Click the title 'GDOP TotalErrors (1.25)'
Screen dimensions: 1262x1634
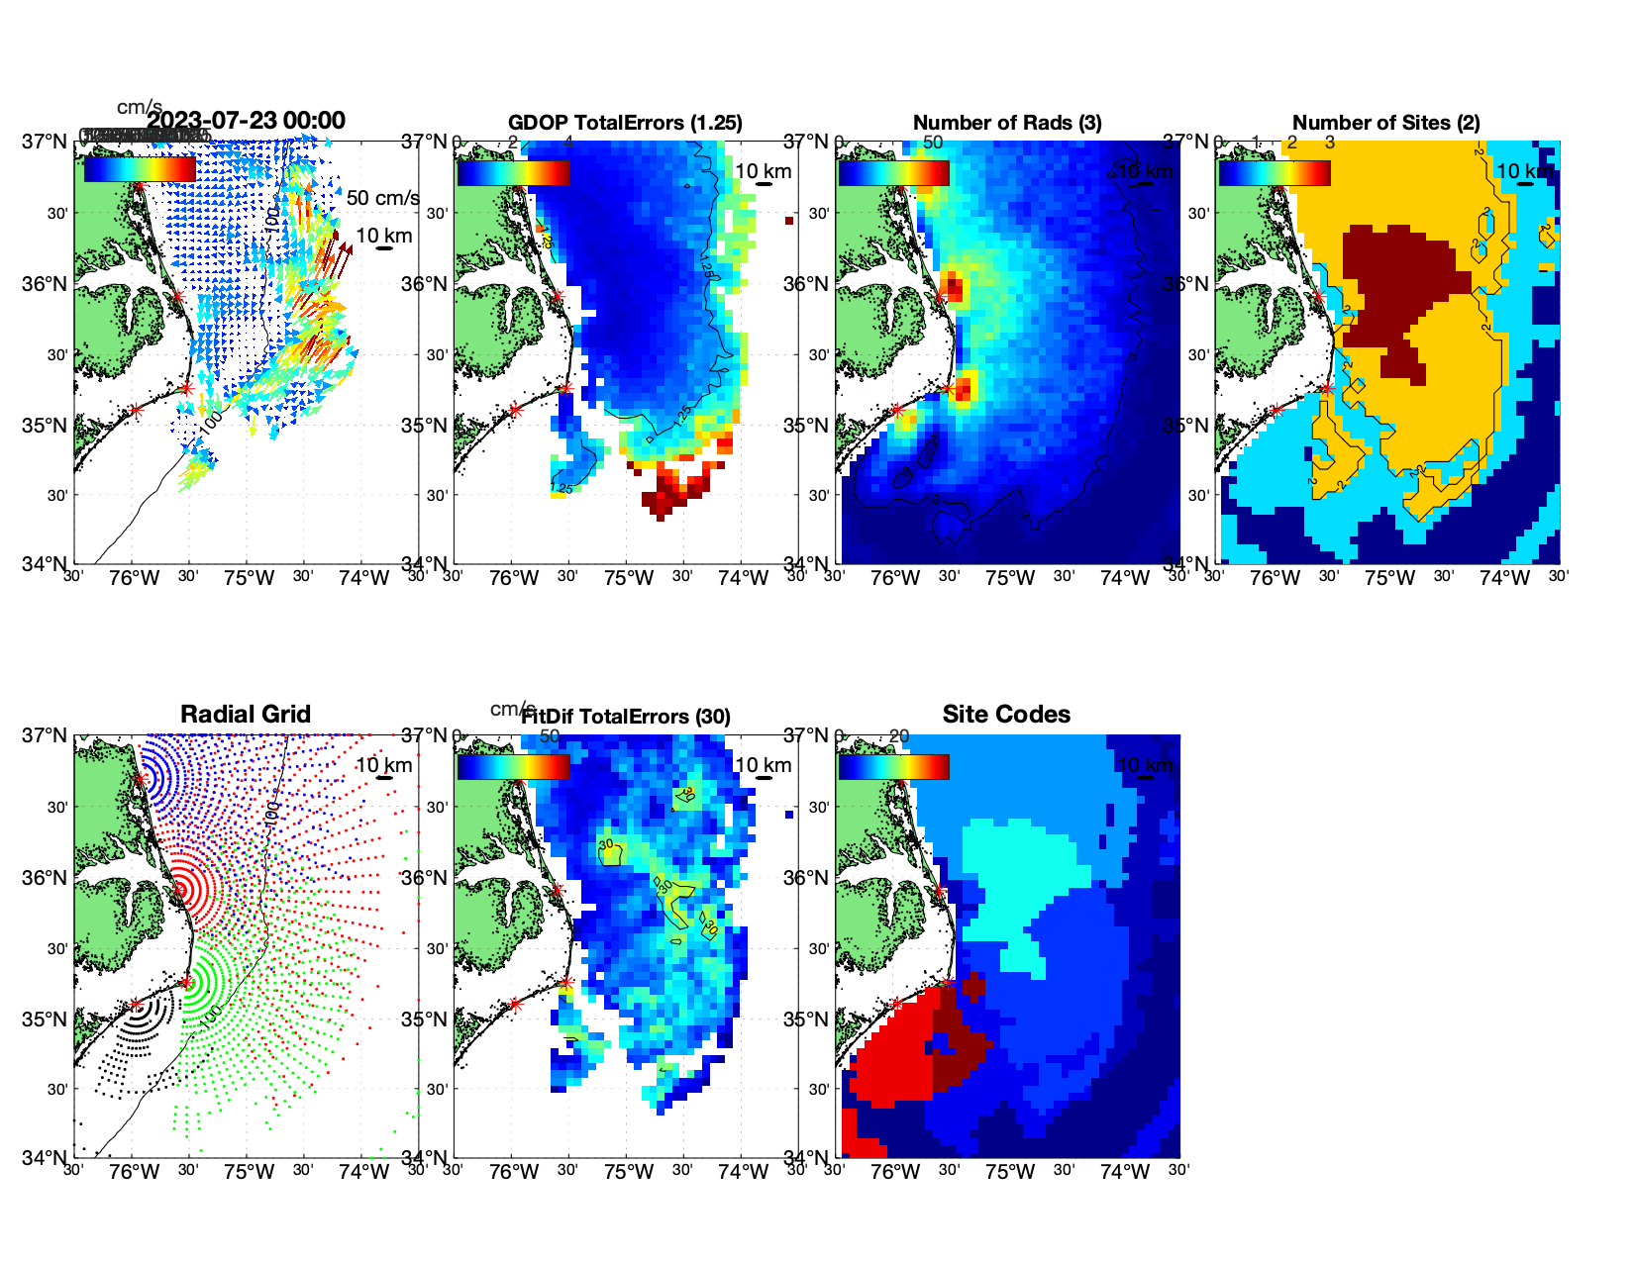[x=625, y=123]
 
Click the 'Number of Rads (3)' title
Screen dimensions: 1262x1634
[x=1006, y=123]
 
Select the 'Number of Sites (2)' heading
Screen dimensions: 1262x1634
[x=1385, y=123]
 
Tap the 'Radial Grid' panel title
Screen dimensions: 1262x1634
[x=246, y=715]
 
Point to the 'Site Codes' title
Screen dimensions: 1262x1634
[x=1006, y=715]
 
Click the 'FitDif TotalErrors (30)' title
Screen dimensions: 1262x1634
[x=626, y=717]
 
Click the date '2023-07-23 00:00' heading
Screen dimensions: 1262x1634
[x=247, y=121]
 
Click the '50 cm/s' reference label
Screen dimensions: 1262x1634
[x=382, y=198]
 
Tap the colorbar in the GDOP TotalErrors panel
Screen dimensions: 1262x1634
[x=513, y=172]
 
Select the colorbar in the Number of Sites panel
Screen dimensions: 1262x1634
[x=1275, y=172]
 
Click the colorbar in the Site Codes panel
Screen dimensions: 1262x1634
[x=893, y=766]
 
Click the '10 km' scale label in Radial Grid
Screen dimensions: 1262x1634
[x=383, y=765]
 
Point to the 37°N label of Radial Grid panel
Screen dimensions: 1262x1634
[x=46, y=736]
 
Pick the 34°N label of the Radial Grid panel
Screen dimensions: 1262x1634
[x=46, y=1157]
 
